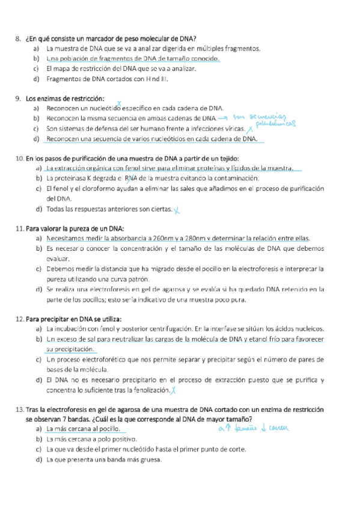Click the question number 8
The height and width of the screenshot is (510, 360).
(17, 38)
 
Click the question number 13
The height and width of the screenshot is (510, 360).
(19, 409)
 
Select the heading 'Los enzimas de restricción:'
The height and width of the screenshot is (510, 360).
(65, 98)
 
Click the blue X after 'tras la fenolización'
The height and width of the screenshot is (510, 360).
(173, 390)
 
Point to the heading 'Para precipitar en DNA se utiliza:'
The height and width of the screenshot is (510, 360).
(73, 318)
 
